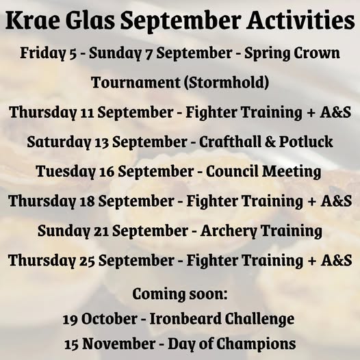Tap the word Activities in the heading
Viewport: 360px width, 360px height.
(300, 20)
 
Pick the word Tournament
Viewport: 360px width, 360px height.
(136, 82)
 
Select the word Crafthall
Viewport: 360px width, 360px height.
(229, 142)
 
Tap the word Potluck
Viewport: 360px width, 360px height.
(306, 142)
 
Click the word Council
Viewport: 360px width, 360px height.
(231, 171)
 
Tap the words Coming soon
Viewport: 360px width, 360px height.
(180, 294)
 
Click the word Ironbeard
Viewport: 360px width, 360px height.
(185, 319)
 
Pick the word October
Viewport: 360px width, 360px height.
(110, 319)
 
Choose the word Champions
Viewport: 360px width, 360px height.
(256, 344)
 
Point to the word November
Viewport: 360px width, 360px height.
(119, 344)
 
